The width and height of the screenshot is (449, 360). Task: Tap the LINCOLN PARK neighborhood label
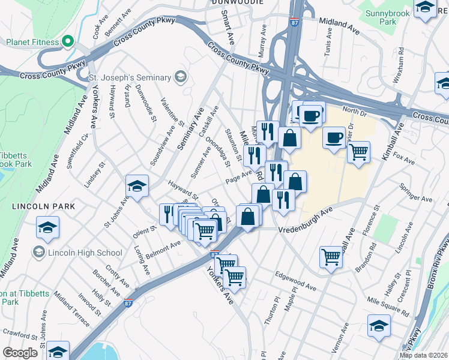(x=43, y=206)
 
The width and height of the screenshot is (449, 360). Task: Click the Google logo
(x=20, y=353)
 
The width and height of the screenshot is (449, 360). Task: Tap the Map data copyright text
(x=424, y=355)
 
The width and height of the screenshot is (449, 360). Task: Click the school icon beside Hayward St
(x=137, y=185)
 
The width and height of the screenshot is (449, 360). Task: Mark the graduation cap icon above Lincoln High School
(x=47, y=227)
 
